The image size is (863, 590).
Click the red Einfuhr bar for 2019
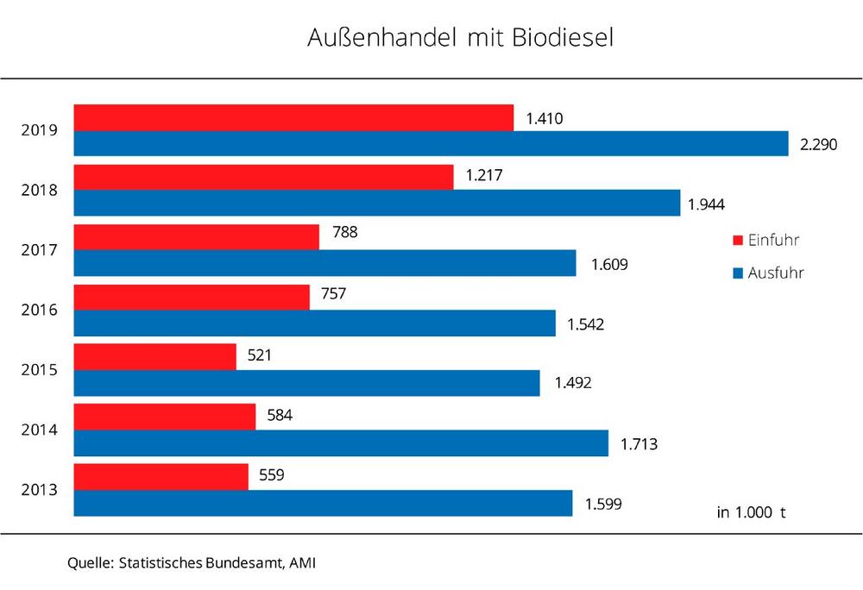pyautogui.click(x=293, y=118)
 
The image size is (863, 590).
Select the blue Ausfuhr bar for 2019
pyautogui.click(x=431, y=144)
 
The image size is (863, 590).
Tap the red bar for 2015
pyautogui.click(x=154, y=357)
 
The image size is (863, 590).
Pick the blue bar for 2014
pyautogui.click(x=341, y=443)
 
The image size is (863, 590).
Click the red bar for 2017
pyautogui.click(x=196, y=237)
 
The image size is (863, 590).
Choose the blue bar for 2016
pyautogui.click(x=314, y=323)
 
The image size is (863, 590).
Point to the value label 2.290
pyautogui.click(x=820, y=144)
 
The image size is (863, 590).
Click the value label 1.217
pyautogui.click(x=483, y=175)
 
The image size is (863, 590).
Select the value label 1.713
pyautogui.click(x=639, y=445)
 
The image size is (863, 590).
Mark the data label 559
pyautogui.click(x=272, y=474)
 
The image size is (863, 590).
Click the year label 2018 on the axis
pyautogui.click(x=40, y=191)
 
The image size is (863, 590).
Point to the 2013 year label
pyautogui.click(x=40, y=490)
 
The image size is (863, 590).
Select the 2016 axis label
pyautogui.click(x=40, y=311)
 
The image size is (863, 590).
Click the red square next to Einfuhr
pyautogui.click(x=737, y=241)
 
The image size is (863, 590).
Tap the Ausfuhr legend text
pyautogui.click(x=776, y=273)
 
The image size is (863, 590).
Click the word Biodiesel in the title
pyautogui.click(x=560, y=40)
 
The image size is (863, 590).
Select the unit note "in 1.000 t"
pyautogui.click(x=751, y=512)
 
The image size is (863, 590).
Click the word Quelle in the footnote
pyautogui.click(x=90, y=563)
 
